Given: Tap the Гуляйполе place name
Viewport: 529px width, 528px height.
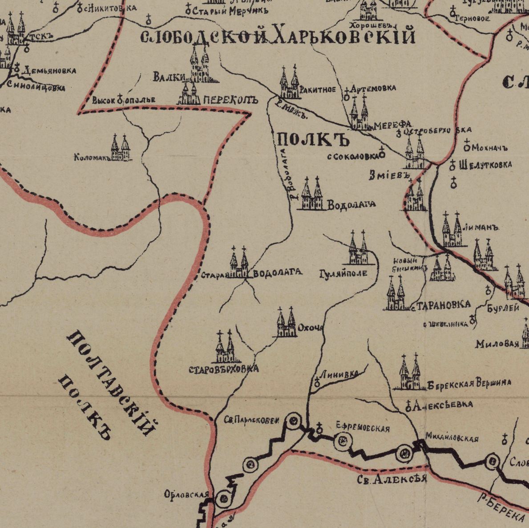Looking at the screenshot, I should (x=343, y=274).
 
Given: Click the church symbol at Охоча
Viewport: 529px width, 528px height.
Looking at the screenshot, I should (x=286, y=322).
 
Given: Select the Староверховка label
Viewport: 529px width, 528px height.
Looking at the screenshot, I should (x=223, y=369).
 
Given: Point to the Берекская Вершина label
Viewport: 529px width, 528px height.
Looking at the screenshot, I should (x=469, y=383).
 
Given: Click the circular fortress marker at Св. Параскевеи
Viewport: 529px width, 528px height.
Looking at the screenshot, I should (x=293, y=421).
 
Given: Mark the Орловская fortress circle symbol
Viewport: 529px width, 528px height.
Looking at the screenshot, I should (x=223, y=499).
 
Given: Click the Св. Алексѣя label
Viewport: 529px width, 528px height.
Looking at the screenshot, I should (x=392, y=479).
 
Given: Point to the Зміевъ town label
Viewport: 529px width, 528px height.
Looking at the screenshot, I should (x=388, y=175).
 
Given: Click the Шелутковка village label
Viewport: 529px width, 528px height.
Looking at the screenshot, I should (x=485, y=165).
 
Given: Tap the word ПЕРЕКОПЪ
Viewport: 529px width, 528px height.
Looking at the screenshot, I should (x=230, y=101).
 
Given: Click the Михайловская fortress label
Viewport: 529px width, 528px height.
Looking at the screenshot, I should (x=452, y=439).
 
